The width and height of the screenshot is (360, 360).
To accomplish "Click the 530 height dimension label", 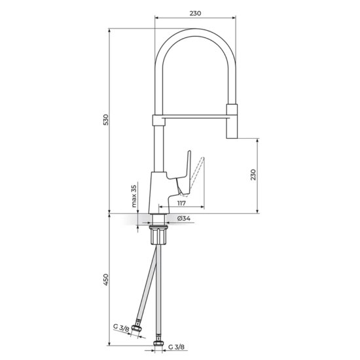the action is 106,120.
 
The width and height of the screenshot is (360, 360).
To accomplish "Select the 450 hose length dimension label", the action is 106,279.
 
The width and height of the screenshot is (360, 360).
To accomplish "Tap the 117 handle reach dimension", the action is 181,203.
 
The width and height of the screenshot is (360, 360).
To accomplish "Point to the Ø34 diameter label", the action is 184,219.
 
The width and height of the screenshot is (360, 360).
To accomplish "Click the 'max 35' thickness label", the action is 134,196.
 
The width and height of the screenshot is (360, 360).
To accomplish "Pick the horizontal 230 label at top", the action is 195,13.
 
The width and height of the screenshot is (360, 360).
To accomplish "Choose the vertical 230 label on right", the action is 253,175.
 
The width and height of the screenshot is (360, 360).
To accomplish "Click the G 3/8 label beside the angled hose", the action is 121,328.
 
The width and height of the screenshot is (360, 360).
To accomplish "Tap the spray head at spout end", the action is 232,121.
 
